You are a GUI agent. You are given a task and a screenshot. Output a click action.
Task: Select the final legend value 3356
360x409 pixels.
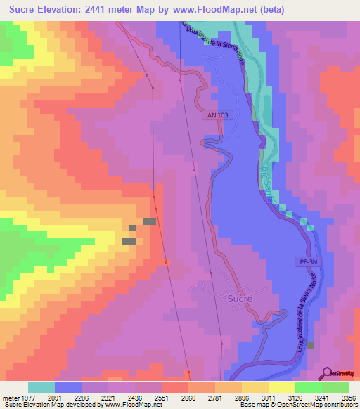[x=349, y=397]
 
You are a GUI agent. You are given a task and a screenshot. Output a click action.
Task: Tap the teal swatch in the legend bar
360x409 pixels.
[x=41, y=387]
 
